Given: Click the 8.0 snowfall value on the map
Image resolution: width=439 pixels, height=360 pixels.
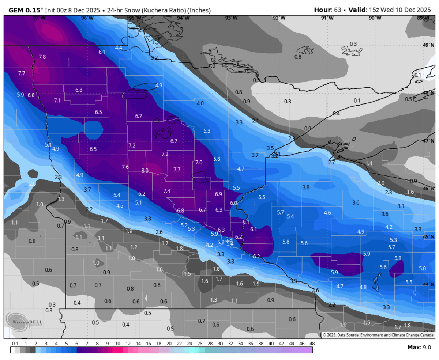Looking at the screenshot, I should [x=145, y=170].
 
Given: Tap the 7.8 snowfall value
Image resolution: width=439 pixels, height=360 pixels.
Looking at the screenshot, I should [x=42, y=57].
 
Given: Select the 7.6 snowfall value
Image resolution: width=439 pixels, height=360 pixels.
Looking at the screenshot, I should [x=125, y=167].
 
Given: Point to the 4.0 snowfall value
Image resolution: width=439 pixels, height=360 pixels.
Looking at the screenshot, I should [x=200, y=103].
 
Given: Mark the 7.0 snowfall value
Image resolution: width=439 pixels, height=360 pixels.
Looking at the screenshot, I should [x=199, y=162].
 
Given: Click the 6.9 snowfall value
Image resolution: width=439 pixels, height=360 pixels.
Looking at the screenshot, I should [x=219, y=194].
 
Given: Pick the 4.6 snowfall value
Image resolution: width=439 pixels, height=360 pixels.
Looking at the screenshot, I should [x=327, y=213].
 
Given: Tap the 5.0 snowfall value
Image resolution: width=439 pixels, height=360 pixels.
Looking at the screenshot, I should [x=422, y=269].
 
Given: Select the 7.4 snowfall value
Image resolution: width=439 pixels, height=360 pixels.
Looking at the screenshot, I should [x=167, y=191].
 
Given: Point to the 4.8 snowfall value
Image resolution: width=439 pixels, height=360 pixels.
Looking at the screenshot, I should [x=363, y=287].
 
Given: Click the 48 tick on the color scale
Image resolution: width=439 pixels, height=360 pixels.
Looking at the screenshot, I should [x=312, y=344].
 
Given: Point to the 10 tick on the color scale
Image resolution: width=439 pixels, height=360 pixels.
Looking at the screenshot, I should [x=118, y=344].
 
